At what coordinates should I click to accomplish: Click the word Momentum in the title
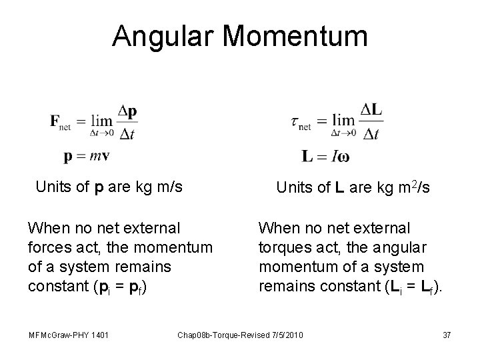coord(300,36)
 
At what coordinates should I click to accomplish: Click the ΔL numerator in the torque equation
coord(371,109)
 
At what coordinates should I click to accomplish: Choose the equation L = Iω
coord(325,157)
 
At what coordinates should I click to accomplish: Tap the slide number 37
coord(447,334)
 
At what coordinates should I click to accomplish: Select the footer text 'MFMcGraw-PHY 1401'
coord(65,334)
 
